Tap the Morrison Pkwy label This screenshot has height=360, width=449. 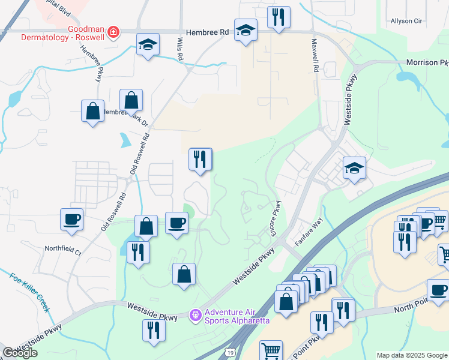(x=427, y=62)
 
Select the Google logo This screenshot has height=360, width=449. (x=20, y=353)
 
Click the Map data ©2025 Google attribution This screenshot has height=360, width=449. (x=411, y=355)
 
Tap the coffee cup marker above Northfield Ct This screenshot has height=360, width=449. (x=72, y=220)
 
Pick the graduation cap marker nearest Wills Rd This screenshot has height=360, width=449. (x=147, y=45)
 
